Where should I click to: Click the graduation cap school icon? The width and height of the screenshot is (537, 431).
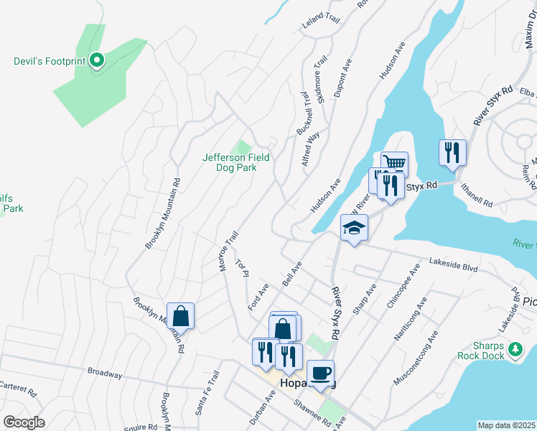tap(354, 228)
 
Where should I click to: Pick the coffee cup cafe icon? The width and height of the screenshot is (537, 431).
tap(320, 374)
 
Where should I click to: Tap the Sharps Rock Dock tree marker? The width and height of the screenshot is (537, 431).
tap(515, 350)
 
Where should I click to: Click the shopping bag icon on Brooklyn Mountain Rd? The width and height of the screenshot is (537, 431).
tap(180, 316)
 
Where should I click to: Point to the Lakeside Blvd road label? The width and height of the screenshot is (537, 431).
tap(453, 265)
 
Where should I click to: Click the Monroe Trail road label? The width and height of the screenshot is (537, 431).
tap(228, 251)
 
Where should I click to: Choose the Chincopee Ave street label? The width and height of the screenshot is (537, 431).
tap(402, 288)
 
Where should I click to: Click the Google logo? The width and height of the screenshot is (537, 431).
tap(24, 422)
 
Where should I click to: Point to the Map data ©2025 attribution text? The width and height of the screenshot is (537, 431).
tap(506, 425)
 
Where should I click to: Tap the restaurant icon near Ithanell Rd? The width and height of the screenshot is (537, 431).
tap(452, 152)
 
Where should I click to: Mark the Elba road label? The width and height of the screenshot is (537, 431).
tap(529, 92)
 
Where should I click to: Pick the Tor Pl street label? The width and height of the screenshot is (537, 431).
tap(241, 269)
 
